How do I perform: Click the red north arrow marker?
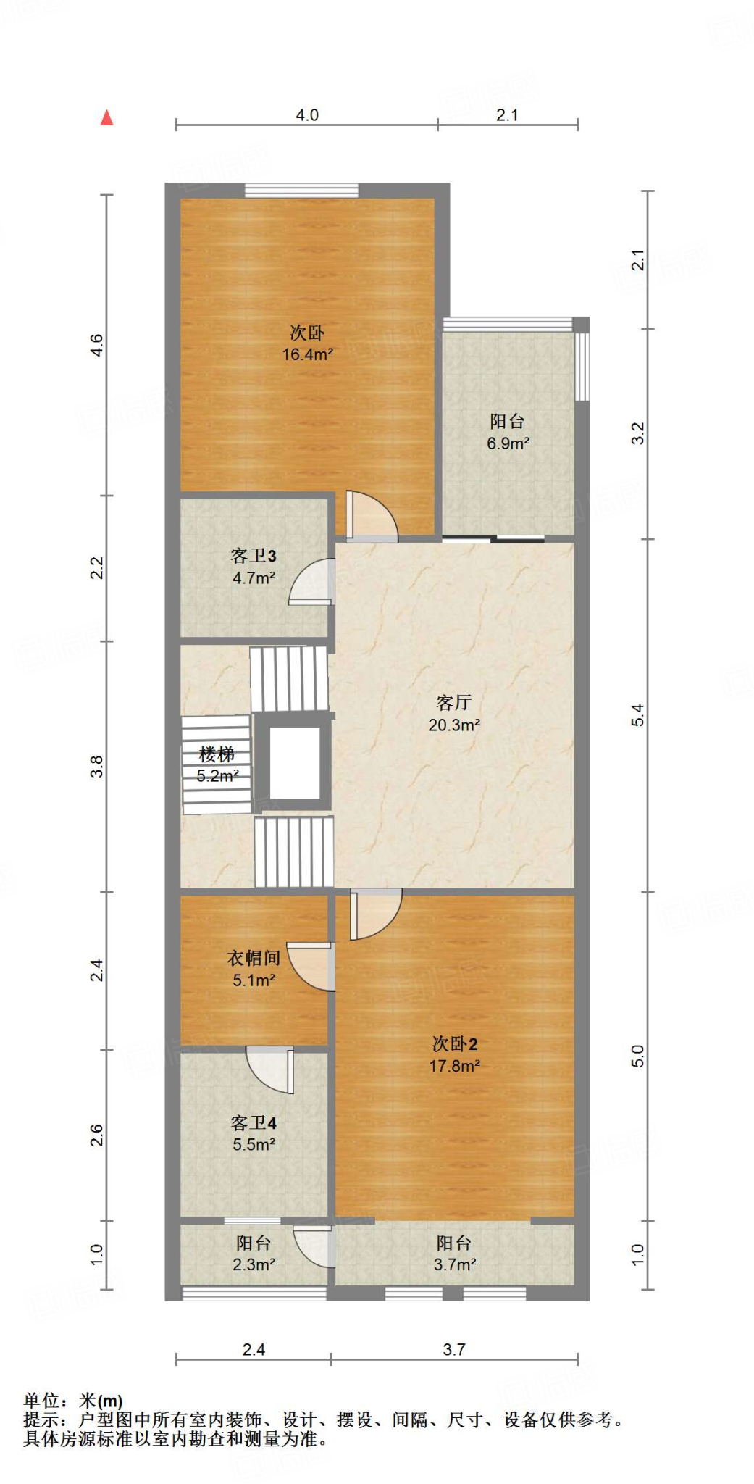click(107, 117)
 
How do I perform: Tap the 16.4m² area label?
click(307, 354)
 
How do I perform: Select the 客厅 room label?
click(454, 702)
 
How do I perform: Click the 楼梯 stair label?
click(217, 754)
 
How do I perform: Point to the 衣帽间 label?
click(254, 958)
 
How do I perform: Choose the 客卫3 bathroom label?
click(254, 556)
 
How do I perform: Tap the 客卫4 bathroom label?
click(254, 1122)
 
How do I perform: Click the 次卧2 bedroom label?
click(455, 1043)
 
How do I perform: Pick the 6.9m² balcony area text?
click(508, 443)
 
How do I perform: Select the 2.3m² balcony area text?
click(254, 1264)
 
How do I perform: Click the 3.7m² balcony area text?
click(455, 1264)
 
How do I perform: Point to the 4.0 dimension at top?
click(307, 115)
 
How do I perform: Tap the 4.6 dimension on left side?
click(96, 345)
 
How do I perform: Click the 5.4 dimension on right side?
click(637, 715)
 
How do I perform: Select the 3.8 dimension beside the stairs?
click(96, 766)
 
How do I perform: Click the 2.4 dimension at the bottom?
click(254, 1349)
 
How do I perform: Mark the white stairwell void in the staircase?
click(295, 762)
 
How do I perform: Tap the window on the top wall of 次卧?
click(301, 191)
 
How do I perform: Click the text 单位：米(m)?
click(73, 1401)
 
